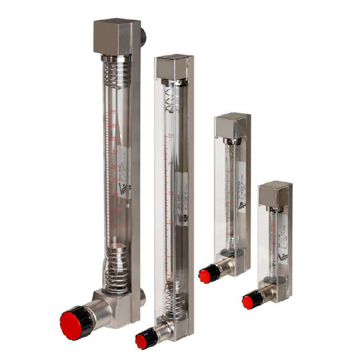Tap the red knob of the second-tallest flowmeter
click(142, 341)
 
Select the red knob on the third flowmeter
click(205, 275)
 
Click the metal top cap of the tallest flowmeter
click(116, 36)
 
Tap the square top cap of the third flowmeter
click(232, 125)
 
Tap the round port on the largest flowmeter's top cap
click(143, 33)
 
